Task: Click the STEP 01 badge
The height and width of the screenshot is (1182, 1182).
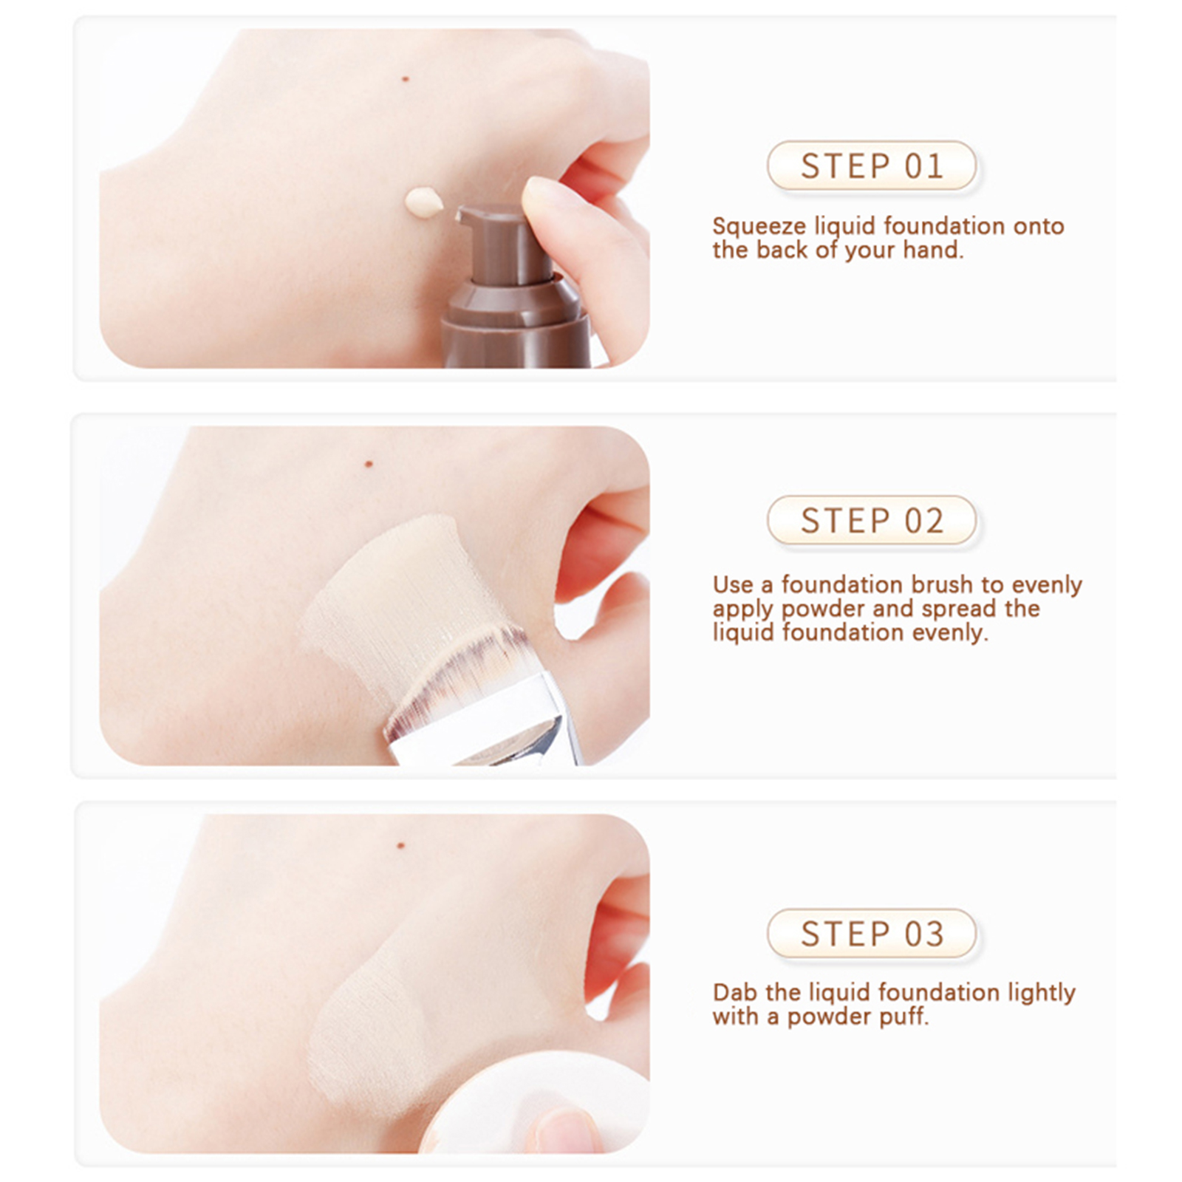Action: point(872,165)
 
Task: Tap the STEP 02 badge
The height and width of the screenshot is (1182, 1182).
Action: point(872,520)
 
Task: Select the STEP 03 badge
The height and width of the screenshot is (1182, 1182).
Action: point(872,933)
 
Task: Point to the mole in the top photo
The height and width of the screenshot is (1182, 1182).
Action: point(405,78)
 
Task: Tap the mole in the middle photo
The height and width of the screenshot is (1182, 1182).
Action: point(369,464)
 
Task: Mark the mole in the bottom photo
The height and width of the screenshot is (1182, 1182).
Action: point(401,845)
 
